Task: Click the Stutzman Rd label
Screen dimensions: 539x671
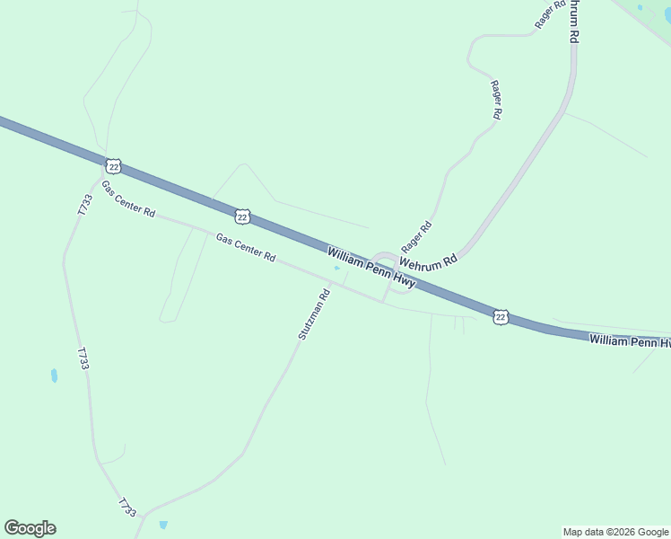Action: (x=314, y=314)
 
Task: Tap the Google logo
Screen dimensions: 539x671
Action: (x=30, y=528)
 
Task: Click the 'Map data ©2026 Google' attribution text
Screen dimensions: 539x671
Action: (x=615, y=532)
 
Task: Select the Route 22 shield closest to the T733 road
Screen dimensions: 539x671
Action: (x=112, y=166)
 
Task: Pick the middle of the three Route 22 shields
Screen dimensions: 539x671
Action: (x=242, y=216)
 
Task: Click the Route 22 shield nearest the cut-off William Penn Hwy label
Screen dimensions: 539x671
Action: (x=501, y=316)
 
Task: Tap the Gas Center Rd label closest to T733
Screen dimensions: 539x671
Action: (x=127, y=200)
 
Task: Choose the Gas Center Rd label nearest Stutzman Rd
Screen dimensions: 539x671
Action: (x=246, y=248)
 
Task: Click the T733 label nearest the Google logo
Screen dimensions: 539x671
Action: (x=126, y=508)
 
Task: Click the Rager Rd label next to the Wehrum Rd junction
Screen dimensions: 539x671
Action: (x=416, y=237)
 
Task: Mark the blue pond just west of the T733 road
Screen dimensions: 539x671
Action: (x=54, y=376)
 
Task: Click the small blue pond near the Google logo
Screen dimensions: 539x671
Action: (x=162, y=525)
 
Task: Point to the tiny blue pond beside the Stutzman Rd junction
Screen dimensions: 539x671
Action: (x=336, y=268)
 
